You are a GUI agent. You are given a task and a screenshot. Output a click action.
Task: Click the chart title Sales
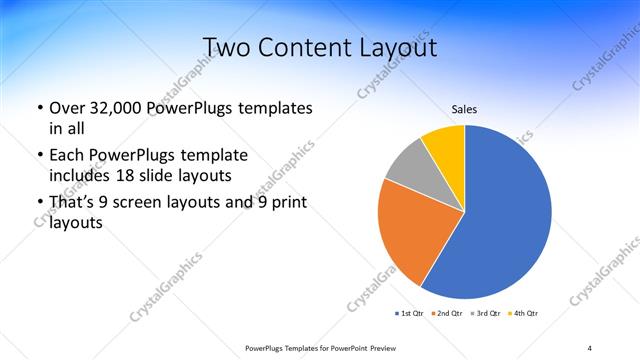pyautogui.click(x=465, y=109)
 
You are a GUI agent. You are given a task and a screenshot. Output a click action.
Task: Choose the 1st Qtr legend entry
pyautogui.click(x=410, y=314)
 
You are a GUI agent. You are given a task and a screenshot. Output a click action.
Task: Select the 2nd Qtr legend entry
pyautogui.click(x=447, y=314)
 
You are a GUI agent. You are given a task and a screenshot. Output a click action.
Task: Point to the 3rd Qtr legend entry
pyautogui.click(x=486, y=314)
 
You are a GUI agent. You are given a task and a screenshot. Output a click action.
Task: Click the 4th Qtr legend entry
pyautogui.click(x=524, y=314)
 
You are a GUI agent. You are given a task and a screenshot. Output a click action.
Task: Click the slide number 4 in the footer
pyautogui.click(x=589, y=347)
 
